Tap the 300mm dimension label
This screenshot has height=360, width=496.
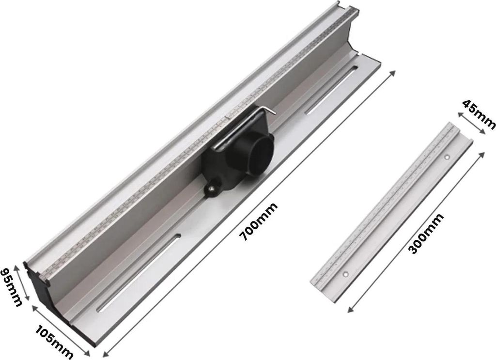coord(425,234)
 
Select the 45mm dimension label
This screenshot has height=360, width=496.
coord(479,114)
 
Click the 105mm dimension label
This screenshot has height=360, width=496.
coord(54,343)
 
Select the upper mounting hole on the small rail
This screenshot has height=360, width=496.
coord(447,157)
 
